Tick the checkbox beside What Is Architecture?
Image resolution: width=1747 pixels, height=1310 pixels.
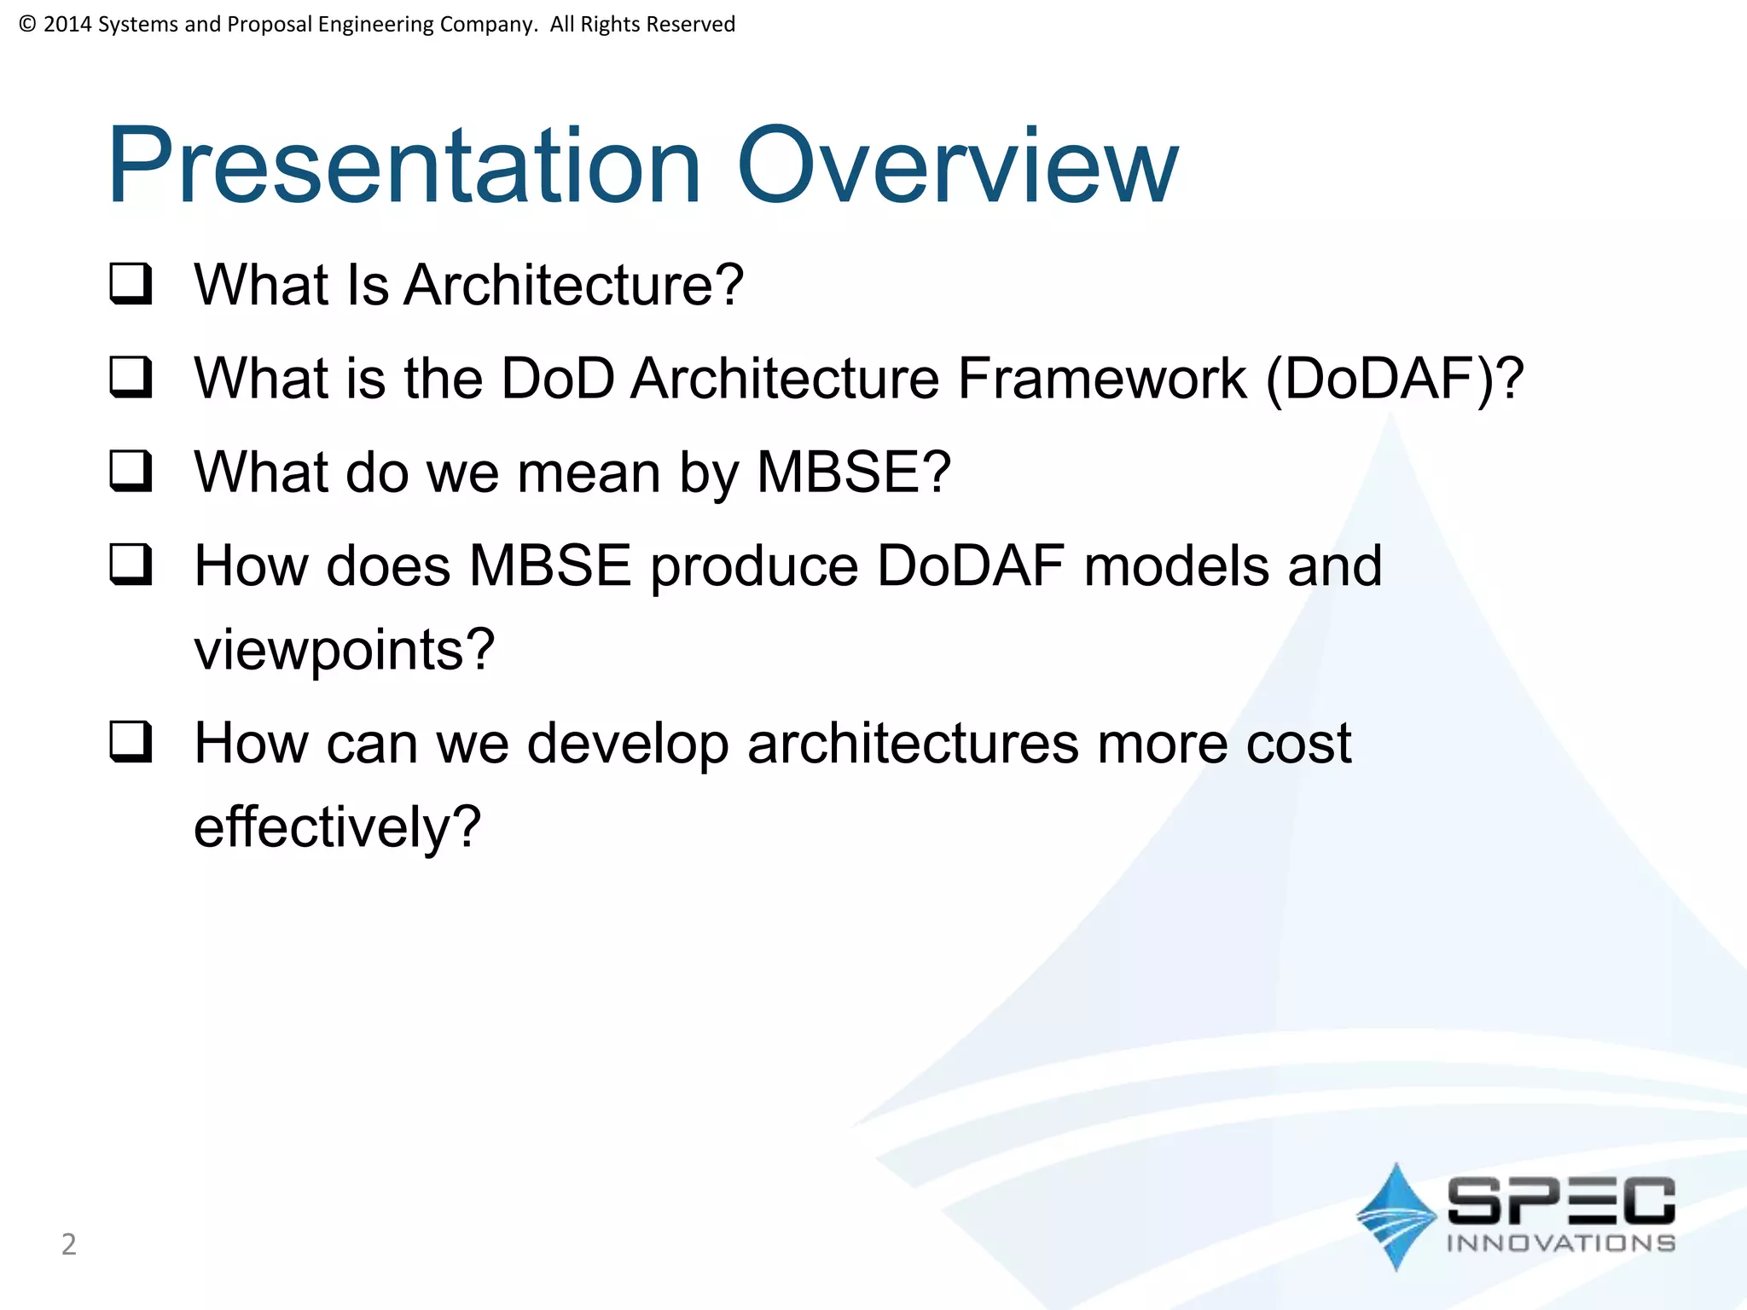131,284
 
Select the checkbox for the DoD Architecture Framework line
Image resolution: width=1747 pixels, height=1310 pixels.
131,378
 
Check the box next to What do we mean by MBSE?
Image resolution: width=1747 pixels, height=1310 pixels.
131,472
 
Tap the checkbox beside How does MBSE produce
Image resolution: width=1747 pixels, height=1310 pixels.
131,565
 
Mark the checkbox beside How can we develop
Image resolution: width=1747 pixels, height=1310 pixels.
131,742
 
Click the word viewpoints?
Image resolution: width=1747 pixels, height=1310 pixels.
344,650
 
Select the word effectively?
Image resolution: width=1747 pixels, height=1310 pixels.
337,827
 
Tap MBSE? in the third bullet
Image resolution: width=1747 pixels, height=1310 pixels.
853,472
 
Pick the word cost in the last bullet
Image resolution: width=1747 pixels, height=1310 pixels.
1298,744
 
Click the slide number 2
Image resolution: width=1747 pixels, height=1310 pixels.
69,1244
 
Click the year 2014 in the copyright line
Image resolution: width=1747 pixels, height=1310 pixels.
67,24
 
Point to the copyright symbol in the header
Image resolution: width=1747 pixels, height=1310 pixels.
26,24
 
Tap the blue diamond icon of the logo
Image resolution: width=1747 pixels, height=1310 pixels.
1396,1216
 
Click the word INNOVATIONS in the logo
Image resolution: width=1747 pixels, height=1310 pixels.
1560,1243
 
